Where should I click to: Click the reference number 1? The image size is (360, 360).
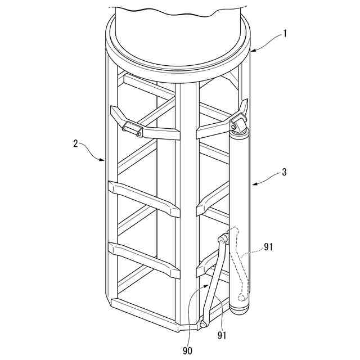point(286,33)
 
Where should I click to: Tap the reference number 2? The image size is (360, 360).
point(76,143)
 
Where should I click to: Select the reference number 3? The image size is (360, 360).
point(284,172)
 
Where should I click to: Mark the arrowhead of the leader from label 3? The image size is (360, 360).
point(251,184)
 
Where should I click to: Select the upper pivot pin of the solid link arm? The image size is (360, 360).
point(223,240)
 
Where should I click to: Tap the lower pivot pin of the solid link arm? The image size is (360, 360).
point(202,324)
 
